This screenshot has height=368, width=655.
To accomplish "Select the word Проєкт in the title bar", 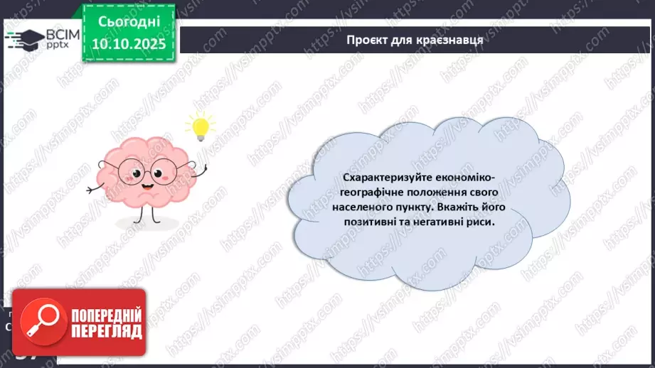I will (x=368, y=40).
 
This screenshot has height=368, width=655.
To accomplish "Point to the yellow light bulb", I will (x=200, y=126).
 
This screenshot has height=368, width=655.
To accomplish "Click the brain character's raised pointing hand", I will (x=204, y=169).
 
